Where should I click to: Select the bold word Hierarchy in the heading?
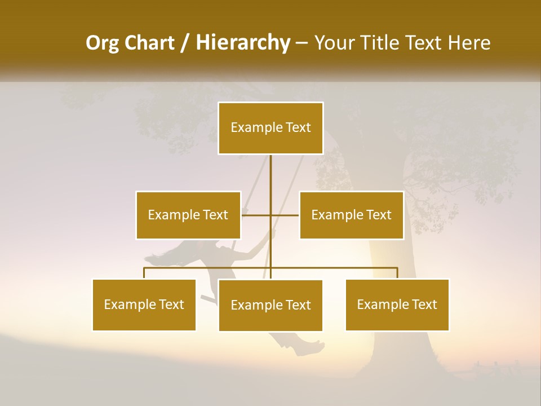[242, 43]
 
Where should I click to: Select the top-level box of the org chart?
[270, 128]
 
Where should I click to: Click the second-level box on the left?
[188, 215]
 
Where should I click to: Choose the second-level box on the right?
[351, 215]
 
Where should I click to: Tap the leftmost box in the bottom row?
[144, 305]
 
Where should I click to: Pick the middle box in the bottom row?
[270, 306]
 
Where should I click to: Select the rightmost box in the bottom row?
[397, 305]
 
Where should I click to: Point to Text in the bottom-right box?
[424, 305]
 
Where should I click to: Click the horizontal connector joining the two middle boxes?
[270, 215]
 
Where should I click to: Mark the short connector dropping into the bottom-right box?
[397, 273]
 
